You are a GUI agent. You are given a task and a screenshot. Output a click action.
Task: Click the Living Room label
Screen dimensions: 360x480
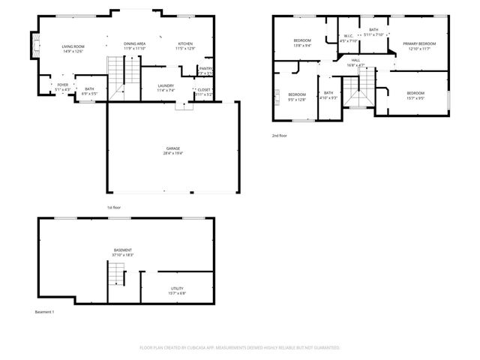tap(73, 47)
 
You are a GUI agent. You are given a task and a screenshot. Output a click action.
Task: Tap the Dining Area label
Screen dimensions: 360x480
tap(135, 43)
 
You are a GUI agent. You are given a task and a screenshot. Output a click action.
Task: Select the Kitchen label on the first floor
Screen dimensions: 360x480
tap(185, 43)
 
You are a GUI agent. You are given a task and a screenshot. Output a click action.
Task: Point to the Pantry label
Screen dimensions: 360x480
tap(205, 69)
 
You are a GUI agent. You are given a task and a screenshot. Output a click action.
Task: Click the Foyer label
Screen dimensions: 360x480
tap(63, 85)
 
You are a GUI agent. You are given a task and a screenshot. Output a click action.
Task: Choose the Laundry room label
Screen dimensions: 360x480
tap(166, 85)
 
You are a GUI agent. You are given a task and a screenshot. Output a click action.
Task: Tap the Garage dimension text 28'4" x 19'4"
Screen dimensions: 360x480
tap(173, 153)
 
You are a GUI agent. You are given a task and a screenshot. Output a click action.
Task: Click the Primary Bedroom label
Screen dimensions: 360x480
tap(421, 43)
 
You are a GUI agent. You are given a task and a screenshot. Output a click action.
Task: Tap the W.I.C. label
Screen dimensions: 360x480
tap(349, 35)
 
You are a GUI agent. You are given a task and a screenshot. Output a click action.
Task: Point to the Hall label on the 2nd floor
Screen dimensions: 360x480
tap(355, 61)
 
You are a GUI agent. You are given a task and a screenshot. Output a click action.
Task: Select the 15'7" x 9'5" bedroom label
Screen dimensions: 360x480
tap(415, 94)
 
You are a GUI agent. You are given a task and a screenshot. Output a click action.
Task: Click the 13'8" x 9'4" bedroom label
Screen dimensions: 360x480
tap(302, 43)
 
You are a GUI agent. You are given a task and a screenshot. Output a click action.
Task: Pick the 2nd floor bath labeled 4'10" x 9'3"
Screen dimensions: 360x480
tap(328, 94)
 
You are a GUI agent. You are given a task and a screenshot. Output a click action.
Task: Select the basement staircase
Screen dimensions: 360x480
tap(115, 277)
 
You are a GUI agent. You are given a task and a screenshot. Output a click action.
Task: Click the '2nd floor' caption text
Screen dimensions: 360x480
tap(280, 136)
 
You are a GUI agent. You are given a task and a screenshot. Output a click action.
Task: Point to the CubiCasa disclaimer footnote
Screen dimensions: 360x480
tap(240, 347)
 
